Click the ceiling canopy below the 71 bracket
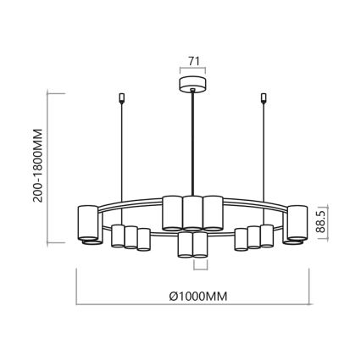194,85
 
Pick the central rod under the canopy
194,144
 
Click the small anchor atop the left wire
123,98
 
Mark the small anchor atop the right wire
263,98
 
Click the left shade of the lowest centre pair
186,245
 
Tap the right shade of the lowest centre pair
202,245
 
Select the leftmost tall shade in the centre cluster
171,212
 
